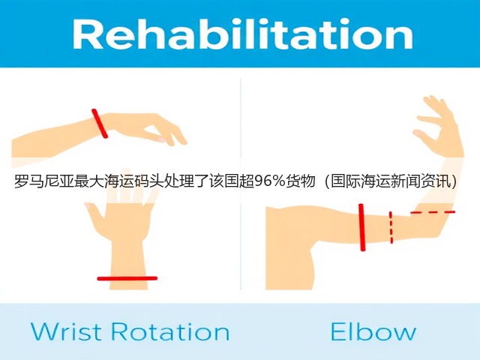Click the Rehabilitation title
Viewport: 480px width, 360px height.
(242, 34)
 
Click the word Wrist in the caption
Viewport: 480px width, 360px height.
(66, 331)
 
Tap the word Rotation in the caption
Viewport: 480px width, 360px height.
(170, 331)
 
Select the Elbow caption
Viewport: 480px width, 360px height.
(373, 331)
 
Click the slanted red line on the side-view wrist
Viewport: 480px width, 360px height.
(100, 123)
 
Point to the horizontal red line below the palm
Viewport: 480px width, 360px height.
(127, 278)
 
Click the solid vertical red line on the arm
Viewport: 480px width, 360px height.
(361, 227)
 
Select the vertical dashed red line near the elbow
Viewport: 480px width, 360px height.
(391, 227)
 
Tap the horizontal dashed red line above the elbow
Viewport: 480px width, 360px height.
(433, 211)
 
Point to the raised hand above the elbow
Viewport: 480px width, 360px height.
(438, 125)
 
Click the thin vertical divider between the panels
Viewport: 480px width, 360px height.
(241, 184)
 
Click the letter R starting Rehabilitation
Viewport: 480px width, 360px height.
(87, 34)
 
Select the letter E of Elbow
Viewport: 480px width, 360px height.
(338, 331)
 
